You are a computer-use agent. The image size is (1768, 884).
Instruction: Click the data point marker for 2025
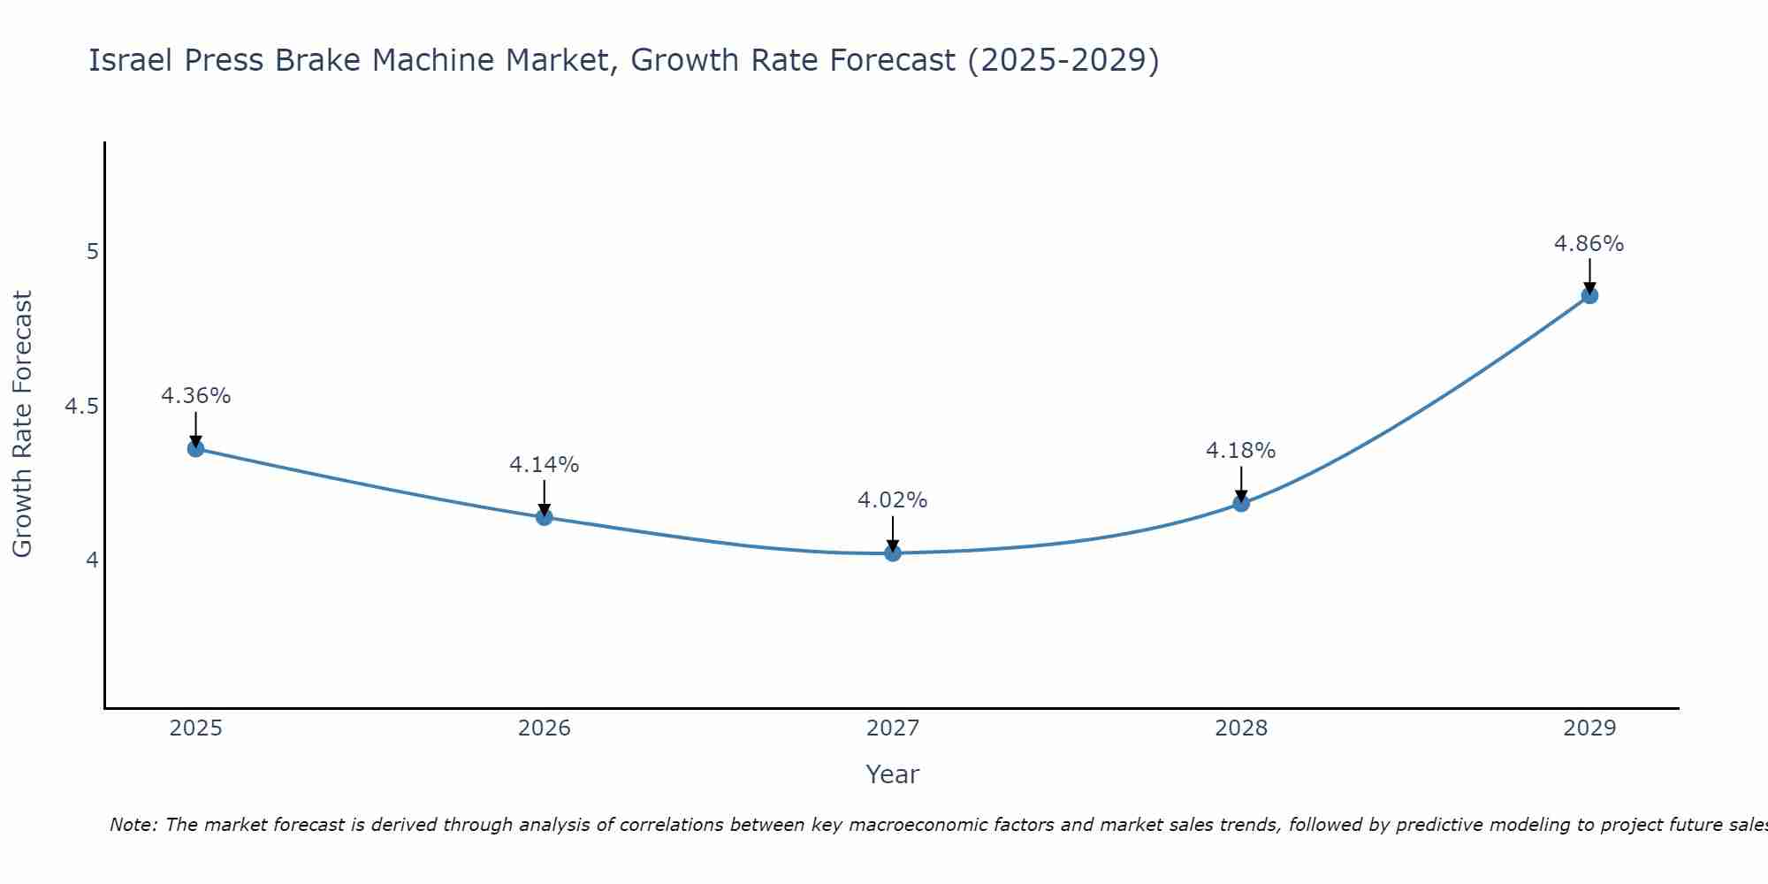(x=195, y=449)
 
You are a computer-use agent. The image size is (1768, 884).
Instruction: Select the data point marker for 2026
(x=545, y=517)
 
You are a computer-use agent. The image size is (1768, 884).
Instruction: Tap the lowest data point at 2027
(x=893, y=553)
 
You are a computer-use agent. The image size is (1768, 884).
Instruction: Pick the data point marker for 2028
(x=1241, y=504)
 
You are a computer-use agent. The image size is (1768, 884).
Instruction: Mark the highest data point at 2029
(x=1589, y=295)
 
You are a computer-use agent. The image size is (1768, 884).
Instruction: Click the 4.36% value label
(x=195, y=396)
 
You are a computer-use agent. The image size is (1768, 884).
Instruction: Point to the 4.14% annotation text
(x=544, y=465)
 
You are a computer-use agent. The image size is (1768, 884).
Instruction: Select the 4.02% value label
(x=892, y=500)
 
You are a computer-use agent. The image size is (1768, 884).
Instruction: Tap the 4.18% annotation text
(x=1240, y=451)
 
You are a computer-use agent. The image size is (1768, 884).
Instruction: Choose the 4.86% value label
(x=1589, y=244)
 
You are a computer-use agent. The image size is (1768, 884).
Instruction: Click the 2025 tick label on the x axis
(x=195, y=728)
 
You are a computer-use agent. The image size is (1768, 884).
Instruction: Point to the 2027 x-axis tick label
(x=893, y=728)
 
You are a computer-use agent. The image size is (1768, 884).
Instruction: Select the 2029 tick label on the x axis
(x=1589, y=728)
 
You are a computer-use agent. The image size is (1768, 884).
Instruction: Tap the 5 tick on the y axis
(x=92, y=252)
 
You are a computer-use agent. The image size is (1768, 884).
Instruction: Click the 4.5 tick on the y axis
(x=81, y=407)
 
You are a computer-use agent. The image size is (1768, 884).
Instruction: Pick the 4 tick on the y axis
(x=92, y=560)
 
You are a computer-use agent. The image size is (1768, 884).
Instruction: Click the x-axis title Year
(x=893, y=774)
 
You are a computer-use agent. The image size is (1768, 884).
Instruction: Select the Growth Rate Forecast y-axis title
(x=22, y=424)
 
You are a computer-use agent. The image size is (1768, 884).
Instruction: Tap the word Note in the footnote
(x=133, y=825)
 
